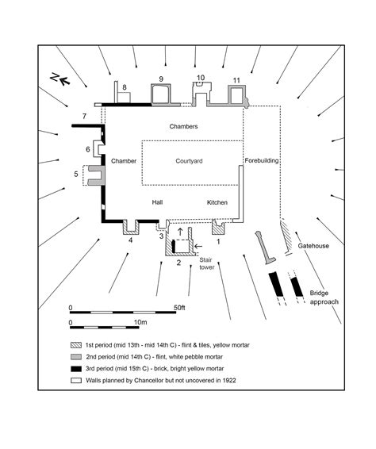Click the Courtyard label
(190, 161)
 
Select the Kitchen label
(217, 202)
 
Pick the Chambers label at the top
(183, 127)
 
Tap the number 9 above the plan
(161, 79)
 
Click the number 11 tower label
(236, 79)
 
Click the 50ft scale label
(179, 307)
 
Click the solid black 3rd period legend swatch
(74, 369)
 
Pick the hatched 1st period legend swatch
(74, 347)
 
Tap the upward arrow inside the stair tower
(180, 232)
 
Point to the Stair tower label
(205, 263)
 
